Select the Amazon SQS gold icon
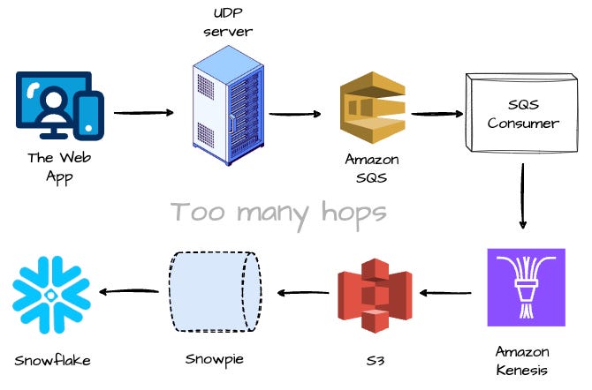pos(372,113)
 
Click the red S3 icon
pos(376,291)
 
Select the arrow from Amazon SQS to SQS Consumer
pos(436,114)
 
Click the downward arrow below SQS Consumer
pos(522,201)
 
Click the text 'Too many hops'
pos(278,212)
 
